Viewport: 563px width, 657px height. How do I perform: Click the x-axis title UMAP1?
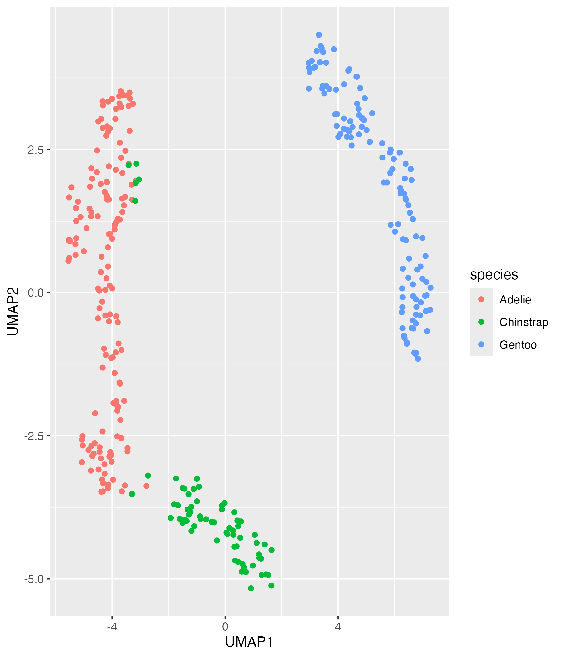point(249,642)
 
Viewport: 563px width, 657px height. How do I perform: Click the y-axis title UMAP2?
point(13,311)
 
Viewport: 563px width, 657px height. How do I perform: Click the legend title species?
point(494,275)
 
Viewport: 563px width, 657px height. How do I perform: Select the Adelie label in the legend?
point(515,300)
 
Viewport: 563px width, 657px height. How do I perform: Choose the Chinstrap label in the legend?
point(524,322)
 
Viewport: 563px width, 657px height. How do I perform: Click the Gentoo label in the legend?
point(518,345)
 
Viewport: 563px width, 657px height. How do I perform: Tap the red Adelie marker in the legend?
point(481,299)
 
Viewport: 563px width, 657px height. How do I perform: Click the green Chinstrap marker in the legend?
point(481,322)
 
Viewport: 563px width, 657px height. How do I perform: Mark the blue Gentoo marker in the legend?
point(481,344)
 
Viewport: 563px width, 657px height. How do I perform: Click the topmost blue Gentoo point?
point(319,35)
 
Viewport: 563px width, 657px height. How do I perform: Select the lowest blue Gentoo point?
point(418,359)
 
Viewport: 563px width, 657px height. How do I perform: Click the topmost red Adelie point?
point(121,91)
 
